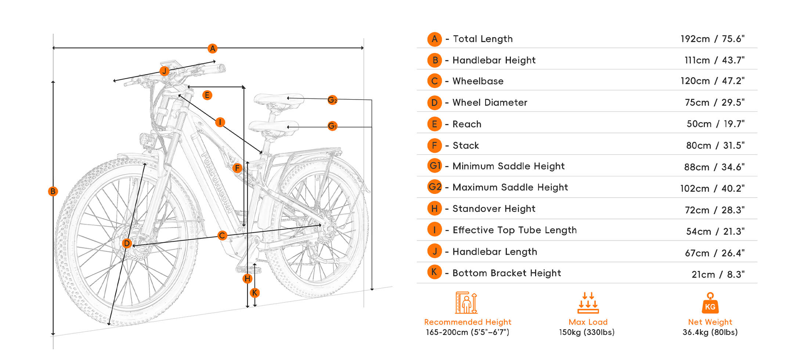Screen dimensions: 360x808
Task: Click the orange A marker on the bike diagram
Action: pyautogui.click(x=212, y=48)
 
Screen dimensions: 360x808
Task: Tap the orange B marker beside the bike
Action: pyautogui.click(x=53, y=191)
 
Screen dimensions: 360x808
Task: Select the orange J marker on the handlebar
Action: pyautogui.click(x=164, y=71)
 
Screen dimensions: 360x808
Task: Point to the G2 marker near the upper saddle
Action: pyautogui.click(x=332, y=100)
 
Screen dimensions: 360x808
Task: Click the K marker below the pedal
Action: pyautogui.click(x=255, y=293)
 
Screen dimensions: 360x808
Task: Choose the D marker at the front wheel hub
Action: pyautogui.click(x=127, y=243)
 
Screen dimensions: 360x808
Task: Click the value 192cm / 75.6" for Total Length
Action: pyautogui.click(x=712, y=39)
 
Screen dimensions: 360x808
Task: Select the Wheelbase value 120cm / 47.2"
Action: pyautogui.click(x=712, y=81)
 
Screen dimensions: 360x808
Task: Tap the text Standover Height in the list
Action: pyautogui.click(x=494, y=209)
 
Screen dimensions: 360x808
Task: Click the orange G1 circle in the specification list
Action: pyautogui.click(x=435, y=166)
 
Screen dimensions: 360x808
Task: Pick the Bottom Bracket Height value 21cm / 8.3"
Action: pyautogui.click(x=718, y=274)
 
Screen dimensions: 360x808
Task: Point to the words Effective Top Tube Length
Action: pyautogui.click(x=515, y=230)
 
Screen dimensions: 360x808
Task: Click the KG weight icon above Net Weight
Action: pyautogui.click(x=710, y=303)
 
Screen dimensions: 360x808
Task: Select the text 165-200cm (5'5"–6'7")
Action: pyautogui.click(x=467, y=332)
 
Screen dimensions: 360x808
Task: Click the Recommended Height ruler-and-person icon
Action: pyautogui.click(x=466, y=303)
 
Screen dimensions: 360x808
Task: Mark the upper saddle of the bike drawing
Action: pyautogui.click(x=278, y=100)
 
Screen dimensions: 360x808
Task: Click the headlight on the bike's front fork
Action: pyautogui.click(x=148, y=140)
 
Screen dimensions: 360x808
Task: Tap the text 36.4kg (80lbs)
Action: pyautogui.click(x=710, y=332)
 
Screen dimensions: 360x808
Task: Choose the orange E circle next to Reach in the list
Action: pyautogui.click(x=434, y=124)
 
